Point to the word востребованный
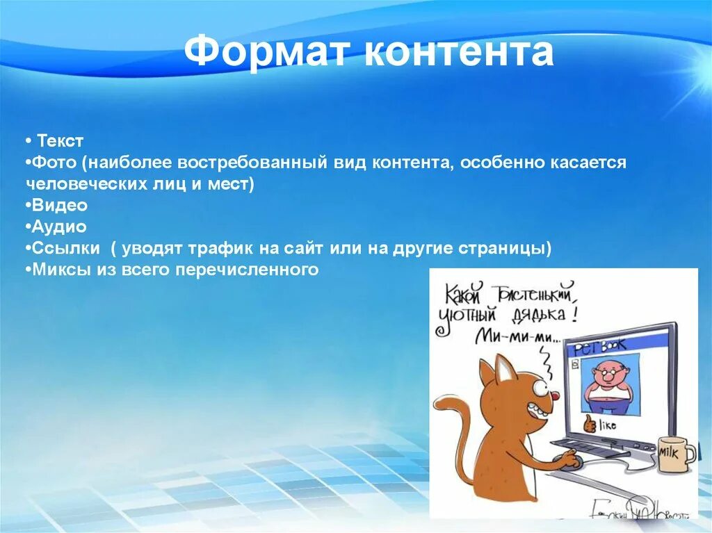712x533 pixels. pyautogui.click(x=252, y=163)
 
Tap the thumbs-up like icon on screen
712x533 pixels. pyautogui.click(x=590, y=423)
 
